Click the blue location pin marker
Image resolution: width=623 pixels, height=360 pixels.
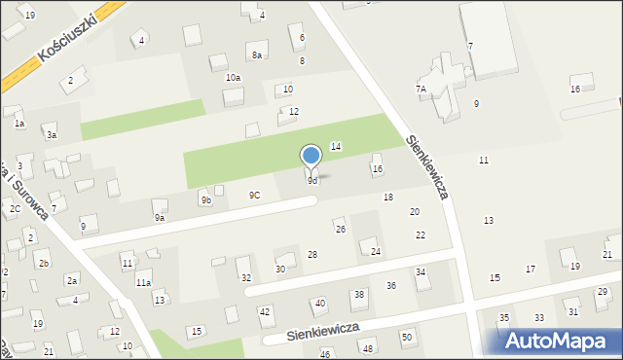(x=311, y=157)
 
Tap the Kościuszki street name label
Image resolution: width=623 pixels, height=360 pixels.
(x=65, y=39)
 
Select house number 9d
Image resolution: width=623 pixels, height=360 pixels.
(x=312, y=180)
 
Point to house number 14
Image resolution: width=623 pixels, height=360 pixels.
(x=336, y=146)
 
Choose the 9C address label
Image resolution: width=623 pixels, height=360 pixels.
(x=254, y=195)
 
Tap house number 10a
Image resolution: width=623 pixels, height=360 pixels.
(x=233, y=77)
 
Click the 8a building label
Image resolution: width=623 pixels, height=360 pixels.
(x=257, y=55)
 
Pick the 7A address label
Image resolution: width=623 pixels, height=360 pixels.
(x=421, y=89)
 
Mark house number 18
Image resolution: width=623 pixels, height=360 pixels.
(x=388, y=198)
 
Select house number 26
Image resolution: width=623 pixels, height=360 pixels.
(x=340, y=229)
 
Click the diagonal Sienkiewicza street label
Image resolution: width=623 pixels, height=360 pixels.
(x=427, y=167)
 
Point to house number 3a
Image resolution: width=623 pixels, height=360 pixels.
(x=52, y=135)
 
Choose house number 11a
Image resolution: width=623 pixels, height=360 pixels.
(x=143, y=282)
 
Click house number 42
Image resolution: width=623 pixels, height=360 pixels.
(x=264, y=311)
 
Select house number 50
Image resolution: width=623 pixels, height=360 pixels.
(x=407, y=337)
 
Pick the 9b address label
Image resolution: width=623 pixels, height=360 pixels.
(x=205, y=200)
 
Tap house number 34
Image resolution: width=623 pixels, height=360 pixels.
(x=421, y=272)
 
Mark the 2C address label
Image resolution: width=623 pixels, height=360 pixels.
(x=15, y=208)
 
